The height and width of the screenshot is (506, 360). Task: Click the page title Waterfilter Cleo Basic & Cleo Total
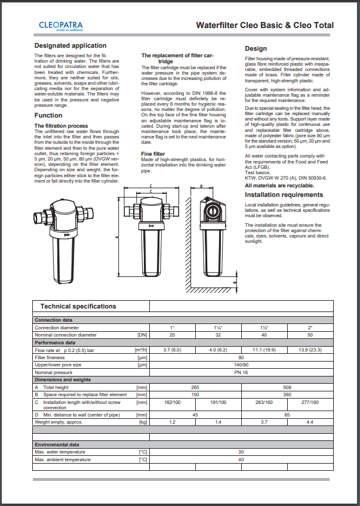coord(265,26)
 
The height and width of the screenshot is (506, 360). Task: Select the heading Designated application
coord(70,45)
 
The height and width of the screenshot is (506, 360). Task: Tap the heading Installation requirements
coord(284,195)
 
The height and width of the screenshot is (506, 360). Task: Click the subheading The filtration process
coord(61,126)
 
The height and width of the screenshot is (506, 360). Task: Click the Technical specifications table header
coord(78,306)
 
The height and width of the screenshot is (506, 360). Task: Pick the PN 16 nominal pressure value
coord(242,372)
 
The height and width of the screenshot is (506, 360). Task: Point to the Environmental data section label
coord(57,445)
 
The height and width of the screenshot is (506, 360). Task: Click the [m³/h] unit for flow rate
coord(141,350)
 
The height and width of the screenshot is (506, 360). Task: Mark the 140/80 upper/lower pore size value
coord(242,365)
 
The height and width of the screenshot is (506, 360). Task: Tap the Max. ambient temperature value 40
coord(242,459)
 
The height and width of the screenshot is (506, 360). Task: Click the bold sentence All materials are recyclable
coord(279,186)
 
